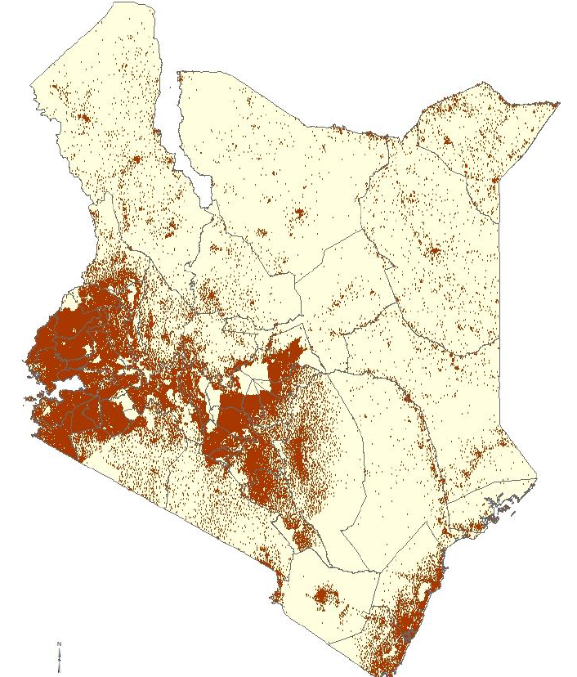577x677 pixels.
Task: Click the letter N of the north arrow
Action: pyautogui.click(x=59, y=645)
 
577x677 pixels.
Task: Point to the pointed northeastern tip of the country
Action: pyautogui.click(x=558, y=104)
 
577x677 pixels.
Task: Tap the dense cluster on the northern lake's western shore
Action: pyautogui.click(x=174, y=225)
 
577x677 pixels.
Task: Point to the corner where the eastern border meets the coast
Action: pyautogui.click(x=536, y=477)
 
